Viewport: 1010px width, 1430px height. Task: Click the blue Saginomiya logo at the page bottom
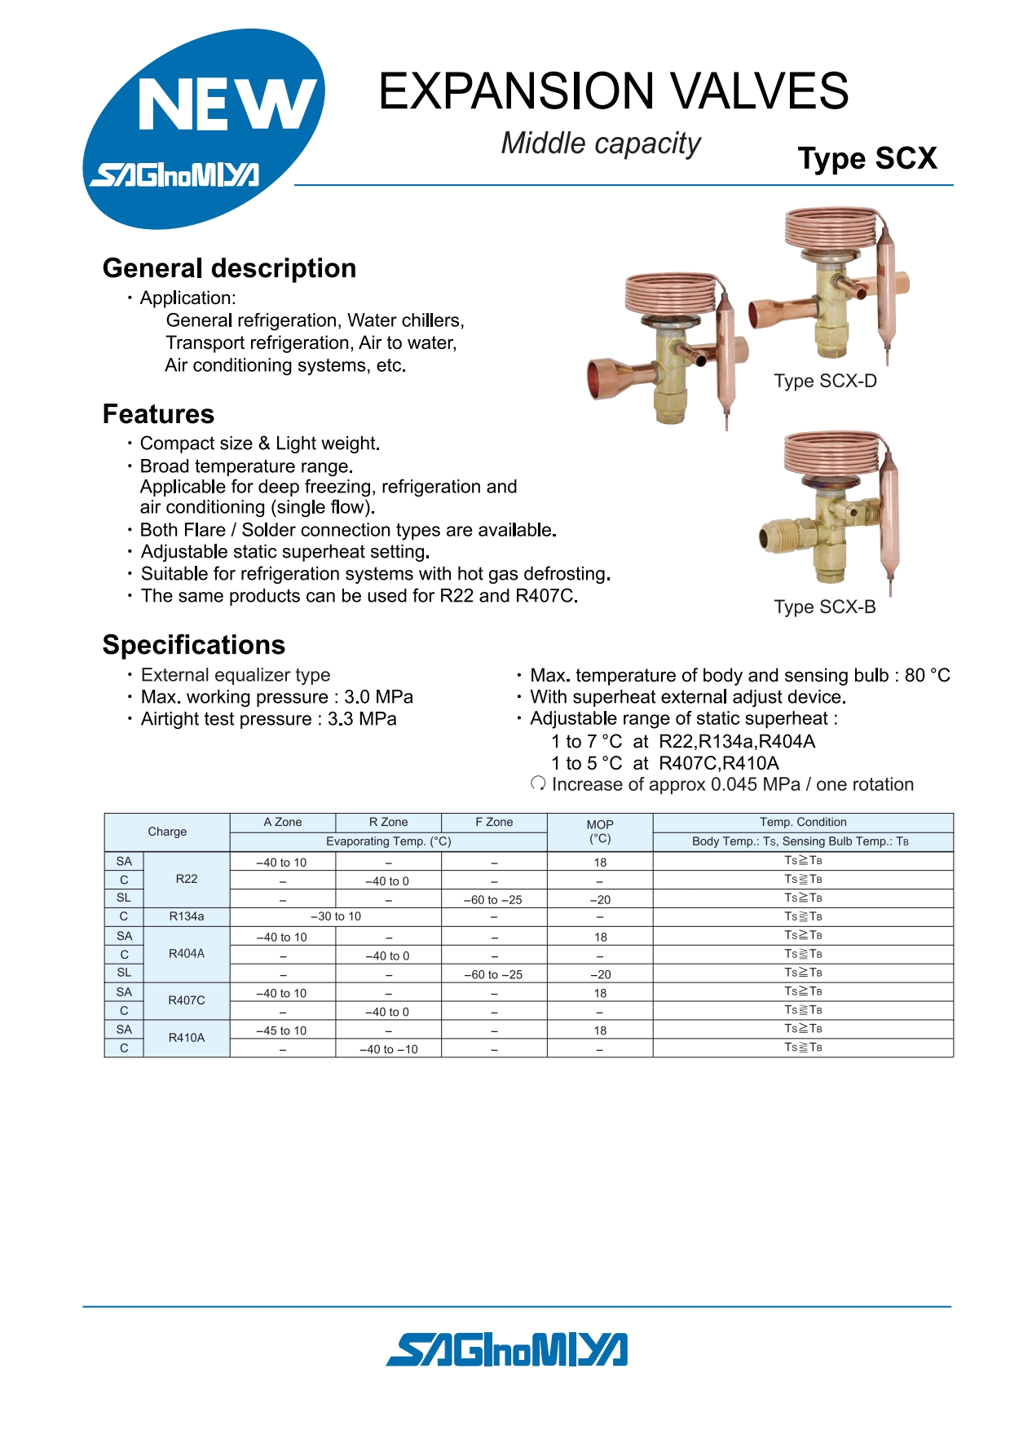click(x=506, y=1349)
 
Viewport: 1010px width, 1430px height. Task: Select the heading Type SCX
click(x=867, y=158)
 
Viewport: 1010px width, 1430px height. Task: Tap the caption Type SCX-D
click(x=825, y=381)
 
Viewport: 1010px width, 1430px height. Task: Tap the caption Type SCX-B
click(x=824, y=607)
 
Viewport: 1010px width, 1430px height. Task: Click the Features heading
click(x=158, y=414)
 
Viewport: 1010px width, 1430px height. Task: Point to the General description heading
click(x=229, y=268)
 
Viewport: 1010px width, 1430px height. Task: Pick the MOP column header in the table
click(x=599, y=832)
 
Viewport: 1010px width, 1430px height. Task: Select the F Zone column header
click(x=494, y=822)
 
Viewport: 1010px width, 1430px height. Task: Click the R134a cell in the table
click(x=187, y=916)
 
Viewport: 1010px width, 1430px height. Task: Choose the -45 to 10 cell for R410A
click(x=281, y=1031)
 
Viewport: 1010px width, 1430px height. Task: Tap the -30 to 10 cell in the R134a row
click(x=336, y=916)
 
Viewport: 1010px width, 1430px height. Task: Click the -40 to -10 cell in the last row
click(x=388, y=1049)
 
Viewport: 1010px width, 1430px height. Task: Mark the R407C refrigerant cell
click(x=187, y=1000)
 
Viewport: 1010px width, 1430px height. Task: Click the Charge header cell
click(x=167, y=832)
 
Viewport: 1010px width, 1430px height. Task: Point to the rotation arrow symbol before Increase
click(x=538, y=783)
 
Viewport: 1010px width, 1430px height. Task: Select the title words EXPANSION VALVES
click(x=613, y=90)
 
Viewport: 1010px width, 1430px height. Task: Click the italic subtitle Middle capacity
click(x=601, y=143)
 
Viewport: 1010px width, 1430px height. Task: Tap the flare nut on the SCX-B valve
click(x=778, y=538)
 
